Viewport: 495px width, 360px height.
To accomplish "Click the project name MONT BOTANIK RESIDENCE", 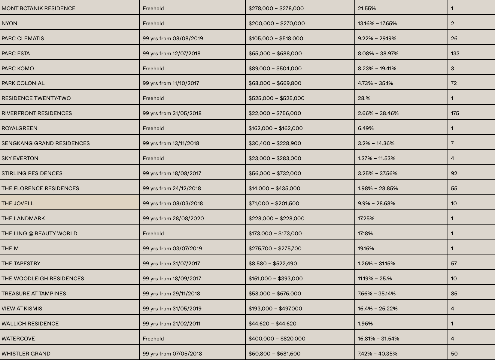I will tap(38, 8).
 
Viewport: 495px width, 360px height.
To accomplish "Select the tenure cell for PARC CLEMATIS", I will tap(173, 38).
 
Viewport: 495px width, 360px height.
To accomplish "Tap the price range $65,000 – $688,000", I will tap(275, 53).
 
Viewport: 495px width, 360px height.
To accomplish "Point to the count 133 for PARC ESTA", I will tap(455, 53).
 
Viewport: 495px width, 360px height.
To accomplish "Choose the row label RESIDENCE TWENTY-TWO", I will tap(36, 98).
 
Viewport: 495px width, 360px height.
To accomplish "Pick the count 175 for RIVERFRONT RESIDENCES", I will tap(455, 113).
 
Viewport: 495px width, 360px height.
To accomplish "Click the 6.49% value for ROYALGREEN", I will tap(366, 128).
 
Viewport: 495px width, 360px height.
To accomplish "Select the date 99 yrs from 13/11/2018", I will tap(171, 143).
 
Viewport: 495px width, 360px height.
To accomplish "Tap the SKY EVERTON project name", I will tap(20, 158).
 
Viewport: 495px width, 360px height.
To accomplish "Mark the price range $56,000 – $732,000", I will tap(275, 173).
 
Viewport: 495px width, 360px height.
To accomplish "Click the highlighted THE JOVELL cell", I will tap(18, 203).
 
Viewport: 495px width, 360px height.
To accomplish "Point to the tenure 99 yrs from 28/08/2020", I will tap(173, 218).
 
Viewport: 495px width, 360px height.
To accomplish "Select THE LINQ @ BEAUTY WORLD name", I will tap(39, 233).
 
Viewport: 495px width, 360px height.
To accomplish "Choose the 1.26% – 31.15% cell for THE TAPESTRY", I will tap(376, 264).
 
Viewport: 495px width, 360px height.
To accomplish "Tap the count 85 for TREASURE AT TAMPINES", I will tap(454, 294).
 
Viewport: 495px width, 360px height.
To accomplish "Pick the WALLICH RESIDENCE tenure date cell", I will tap(172, 324).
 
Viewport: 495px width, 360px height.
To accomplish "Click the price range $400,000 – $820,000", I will tap(277, 339).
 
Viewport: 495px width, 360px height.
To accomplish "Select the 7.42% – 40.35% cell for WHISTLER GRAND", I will tap(378, 354).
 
